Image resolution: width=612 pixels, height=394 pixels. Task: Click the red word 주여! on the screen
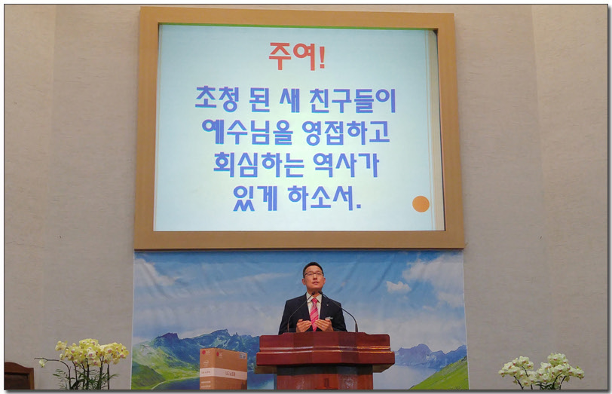coord(297,57)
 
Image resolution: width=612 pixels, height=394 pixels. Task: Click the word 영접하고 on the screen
coord(346,132)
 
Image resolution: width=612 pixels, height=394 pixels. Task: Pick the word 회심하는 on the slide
coord(259,165)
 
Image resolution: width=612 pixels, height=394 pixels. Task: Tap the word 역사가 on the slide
coord(346,164)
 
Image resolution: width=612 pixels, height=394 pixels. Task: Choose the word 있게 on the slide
coord(255,198)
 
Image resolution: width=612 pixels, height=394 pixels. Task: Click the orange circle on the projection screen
coord(421,204)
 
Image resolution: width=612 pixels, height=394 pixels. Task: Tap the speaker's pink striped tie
coord(314,314)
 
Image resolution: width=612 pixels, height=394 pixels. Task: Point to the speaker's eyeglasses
coord(314,274)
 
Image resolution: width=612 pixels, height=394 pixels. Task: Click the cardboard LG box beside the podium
coord(223,368)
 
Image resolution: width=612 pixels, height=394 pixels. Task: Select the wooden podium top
coord(325,349)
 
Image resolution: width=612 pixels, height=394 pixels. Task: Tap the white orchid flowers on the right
coord(541,368)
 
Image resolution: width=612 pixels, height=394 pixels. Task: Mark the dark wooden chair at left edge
coord(19,376)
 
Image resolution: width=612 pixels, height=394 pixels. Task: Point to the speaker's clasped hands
coord(314,325)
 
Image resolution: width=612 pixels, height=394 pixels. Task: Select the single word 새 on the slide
coord(289,100)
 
